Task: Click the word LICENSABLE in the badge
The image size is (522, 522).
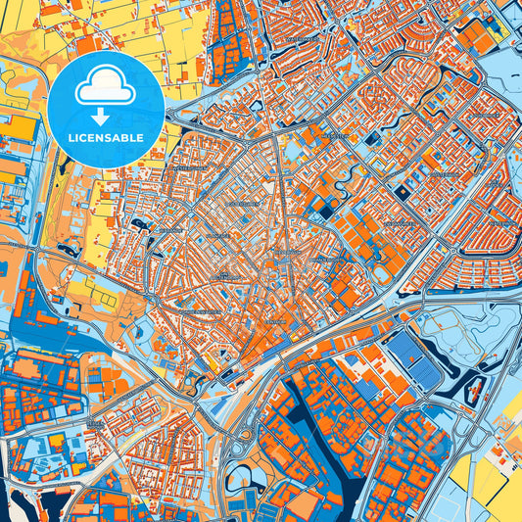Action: pyautogui.click(x=105, y=137)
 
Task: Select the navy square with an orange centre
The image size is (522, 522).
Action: pyautogui.click(x=403, y=193)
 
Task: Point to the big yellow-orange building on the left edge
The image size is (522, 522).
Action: pyautogui.click(x=18, y=127)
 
